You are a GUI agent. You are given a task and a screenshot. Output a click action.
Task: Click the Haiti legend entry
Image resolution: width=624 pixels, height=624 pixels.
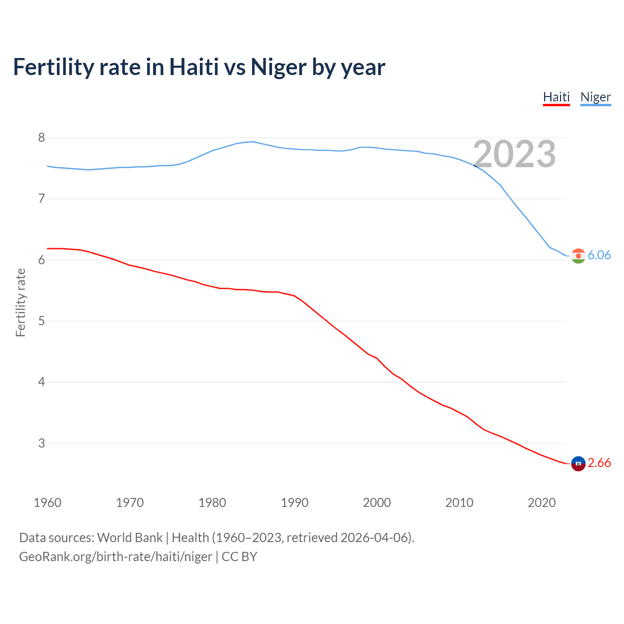556,97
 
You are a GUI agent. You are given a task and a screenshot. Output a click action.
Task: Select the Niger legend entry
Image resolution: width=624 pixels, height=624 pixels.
595,97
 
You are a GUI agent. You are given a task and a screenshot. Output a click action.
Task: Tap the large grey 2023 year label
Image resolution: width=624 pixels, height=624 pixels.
514,154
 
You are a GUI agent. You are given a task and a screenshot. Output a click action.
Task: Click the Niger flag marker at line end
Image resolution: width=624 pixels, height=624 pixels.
578,256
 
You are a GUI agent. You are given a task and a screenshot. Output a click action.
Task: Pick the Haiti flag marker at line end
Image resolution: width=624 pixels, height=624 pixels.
578,464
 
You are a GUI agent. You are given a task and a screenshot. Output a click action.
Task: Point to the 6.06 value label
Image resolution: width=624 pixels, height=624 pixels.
599,255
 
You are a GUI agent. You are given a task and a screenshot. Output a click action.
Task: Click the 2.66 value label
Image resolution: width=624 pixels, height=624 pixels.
599,463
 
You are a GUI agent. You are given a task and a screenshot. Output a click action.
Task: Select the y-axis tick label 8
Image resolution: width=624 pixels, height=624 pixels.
41,137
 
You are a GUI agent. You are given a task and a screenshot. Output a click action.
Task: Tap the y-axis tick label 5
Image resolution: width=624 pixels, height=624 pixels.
41,321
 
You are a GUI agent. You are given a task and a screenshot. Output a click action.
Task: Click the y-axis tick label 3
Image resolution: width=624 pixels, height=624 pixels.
41,443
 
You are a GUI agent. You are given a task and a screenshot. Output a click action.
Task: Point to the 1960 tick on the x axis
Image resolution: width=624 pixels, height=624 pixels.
47,503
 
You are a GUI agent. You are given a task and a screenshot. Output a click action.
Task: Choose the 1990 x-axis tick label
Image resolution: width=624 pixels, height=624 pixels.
294,503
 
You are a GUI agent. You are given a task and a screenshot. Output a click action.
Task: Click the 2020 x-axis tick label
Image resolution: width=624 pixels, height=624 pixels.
542,503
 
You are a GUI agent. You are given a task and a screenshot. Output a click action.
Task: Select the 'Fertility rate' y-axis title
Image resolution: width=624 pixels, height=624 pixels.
20,302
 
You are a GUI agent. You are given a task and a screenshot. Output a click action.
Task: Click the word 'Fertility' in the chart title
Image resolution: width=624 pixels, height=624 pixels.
54,67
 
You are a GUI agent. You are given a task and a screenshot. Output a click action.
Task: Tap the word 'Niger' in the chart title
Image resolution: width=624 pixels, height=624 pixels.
278,67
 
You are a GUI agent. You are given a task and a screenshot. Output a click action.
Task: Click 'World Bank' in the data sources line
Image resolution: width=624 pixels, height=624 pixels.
130,538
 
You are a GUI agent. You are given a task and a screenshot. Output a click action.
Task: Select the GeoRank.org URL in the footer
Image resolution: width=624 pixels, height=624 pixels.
116,557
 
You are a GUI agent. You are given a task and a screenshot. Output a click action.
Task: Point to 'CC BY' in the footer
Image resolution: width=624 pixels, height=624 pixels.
239,557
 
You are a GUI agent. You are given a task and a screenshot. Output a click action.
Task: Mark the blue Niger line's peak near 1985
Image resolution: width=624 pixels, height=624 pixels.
252,141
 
